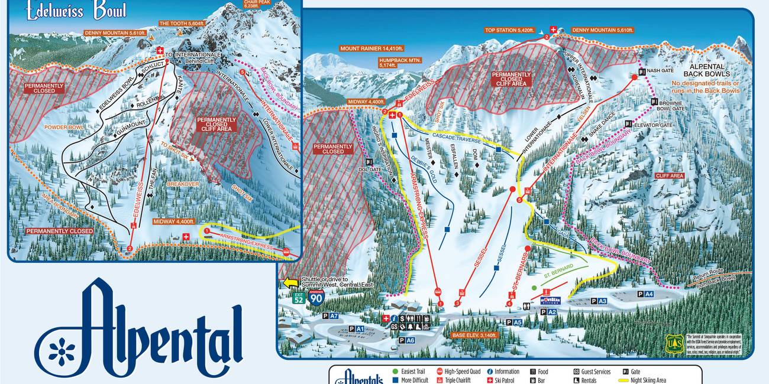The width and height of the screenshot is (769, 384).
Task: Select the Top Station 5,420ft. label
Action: click(509, 30)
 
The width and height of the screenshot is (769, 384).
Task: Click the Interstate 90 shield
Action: click(316, 297)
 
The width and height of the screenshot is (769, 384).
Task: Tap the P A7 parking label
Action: click(331, 316)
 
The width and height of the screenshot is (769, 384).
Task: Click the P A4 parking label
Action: click(645, 294)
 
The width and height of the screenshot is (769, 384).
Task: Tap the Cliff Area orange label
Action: click(669, 175)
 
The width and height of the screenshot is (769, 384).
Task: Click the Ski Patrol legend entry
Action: click(503, 380)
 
